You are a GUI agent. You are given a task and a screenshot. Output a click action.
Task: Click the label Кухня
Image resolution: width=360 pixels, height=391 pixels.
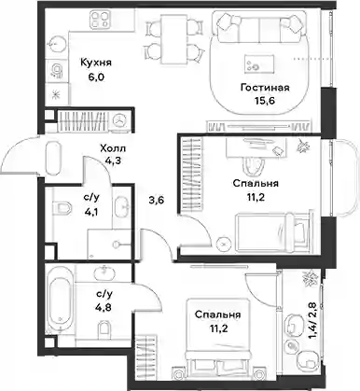pos(96,63)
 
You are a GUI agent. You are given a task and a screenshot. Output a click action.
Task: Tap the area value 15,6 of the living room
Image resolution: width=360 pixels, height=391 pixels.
pos(265,101)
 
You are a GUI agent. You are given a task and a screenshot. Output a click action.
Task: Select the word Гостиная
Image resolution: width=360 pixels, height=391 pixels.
pos(265,88)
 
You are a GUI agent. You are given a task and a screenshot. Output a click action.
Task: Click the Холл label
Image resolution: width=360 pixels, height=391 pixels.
pos(113,148)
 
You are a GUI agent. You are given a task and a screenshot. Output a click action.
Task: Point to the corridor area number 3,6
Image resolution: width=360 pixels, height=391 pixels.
pos(156,200)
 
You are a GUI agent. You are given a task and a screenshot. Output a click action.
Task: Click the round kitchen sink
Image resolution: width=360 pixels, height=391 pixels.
pos(56,45)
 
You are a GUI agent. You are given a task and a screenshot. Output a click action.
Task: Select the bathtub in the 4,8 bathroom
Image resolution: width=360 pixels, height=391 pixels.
pos(60,300)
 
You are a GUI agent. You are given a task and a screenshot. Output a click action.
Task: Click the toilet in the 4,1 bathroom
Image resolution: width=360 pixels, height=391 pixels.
pos(62,207)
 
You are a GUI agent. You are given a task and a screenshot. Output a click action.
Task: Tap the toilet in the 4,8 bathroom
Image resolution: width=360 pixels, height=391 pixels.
pos(104,329)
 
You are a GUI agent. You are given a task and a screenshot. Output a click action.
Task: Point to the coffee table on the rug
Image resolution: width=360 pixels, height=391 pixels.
pos(259,63)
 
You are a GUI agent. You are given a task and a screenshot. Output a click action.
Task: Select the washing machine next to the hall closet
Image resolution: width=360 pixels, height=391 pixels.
pos(119,120)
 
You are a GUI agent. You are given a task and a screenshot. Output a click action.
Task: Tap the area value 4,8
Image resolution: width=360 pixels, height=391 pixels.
pos(104,307)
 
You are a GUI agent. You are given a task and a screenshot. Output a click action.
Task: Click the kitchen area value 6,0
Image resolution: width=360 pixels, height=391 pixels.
pos(96,77)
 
